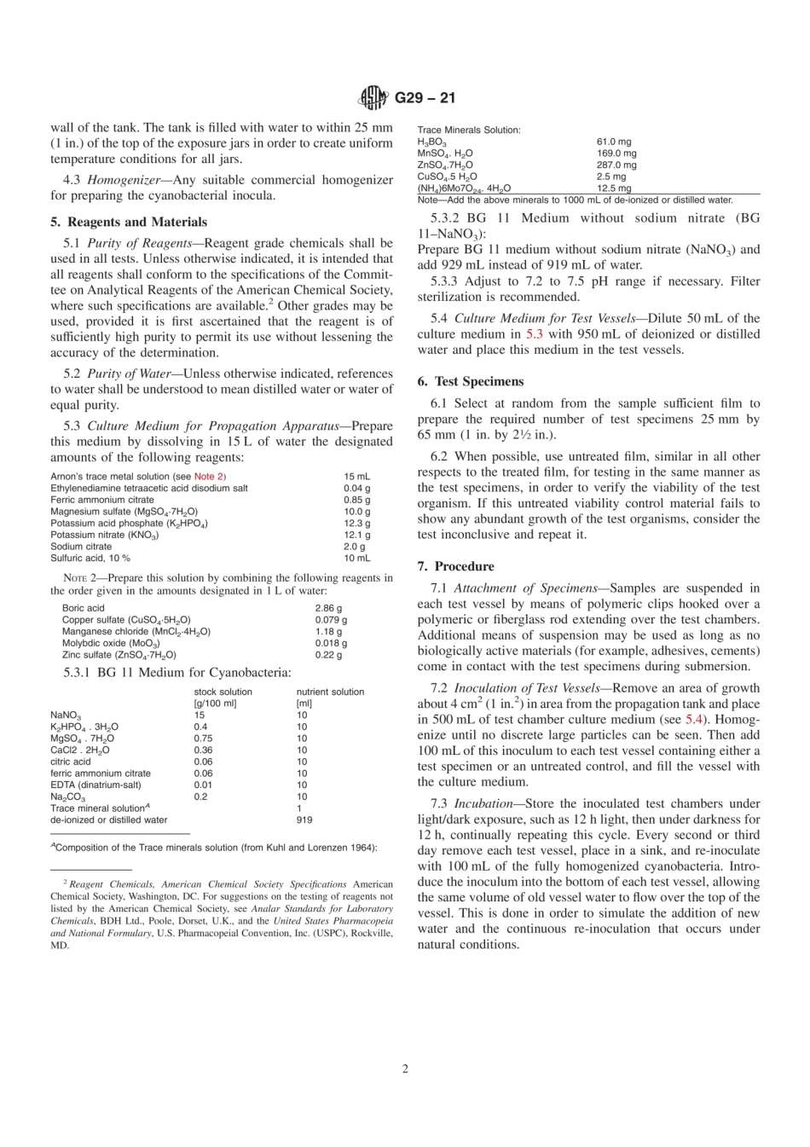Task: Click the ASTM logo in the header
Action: pyautogui.click(x=373, y=98)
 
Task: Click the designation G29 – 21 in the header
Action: pyautogui.click(x=424, y=98)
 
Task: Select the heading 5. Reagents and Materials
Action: pyautogui.click(x=129, y=222)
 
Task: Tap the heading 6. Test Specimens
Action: pyautogui.click(x=471, y=381)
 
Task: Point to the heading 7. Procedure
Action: pyautogui.click(x=455, y=566)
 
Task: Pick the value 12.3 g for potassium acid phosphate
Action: pyautogui.click(x=356, y=524)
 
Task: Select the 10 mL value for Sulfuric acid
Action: pyautogui.click(x=356, y=559)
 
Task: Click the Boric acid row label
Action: pyautogui.click(x=84, y=609)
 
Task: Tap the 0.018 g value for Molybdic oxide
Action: pyautogui.click(x=331, y=644)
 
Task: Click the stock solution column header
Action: pyautogui.click(x=223, y=692)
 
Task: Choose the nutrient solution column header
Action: pyautogui.click(x=330, y=692)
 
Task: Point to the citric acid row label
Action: pyautogui.click(x=70, y=762)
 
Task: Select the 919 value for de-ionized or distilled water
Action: pyautogui.click(x=304, y=820)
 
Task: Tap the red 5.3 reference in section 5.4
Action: pyautogui.click(x=533, y=334)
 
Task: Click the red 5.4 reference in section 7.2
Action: pyautogui.click(x=695, y=720)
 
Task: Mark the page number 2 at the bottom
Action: pyautogui.click(x=405, y=1069)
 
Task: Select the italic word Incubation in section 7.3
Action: pyautogui.click(x=482, y=803)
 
